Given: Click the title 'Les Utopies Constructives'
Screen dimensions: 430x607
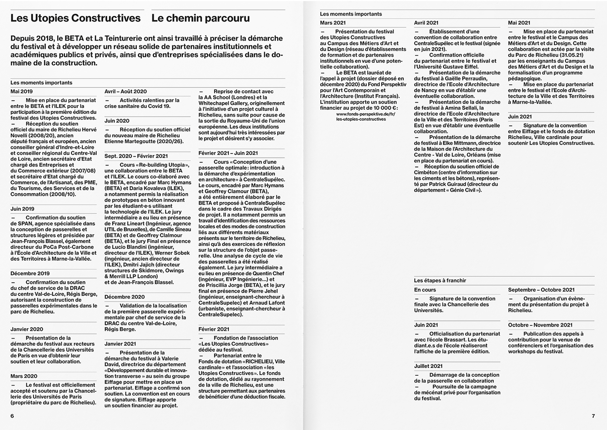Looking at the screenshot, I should pos(75,18).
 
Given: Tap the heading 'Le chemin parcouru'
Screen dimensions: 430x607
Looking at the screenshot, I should pos(200,18).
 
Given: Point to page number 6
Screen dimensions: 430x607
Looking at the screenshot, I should pos(12,416).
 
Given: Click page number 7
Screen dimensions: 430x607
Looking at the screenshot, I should pos(593,416).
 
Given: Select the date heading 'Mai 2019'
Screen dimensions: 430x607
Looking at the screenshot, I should pos(21,91).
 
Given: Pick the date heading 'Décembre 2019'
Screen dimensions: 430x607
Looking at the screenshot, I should pos(30,273).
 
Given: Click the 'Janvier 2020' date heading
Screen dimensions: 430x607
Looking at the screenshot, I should pos(27,329).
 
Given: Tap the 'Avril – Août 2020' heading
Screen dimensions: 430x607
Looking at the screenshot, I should pos(126,91).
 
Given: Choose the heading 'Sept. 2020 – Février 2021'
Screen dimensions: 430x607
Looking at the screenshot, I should pos(136,156).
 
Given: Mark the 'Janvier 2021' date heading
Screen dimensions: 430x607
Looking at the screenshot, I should pos(120,344).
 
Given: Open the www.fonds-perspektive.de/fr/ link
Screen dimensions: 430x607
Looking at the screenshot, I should pos(366,114).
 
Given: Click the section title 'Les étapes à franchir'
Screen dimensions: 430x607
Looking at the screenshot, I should pos(440,281).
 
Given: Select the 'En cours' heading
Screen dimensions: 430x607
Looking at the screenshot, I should pos(425,290).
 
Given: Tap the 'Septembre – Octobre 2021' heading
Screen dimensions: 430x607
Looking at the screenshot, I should pos(541,290).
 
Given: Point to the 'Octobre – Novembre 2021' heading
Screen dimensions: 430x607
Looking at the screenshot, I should pos(540,325).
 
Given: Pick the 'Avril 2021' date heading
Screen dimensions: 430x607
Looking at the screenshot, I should pos(426,23).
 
